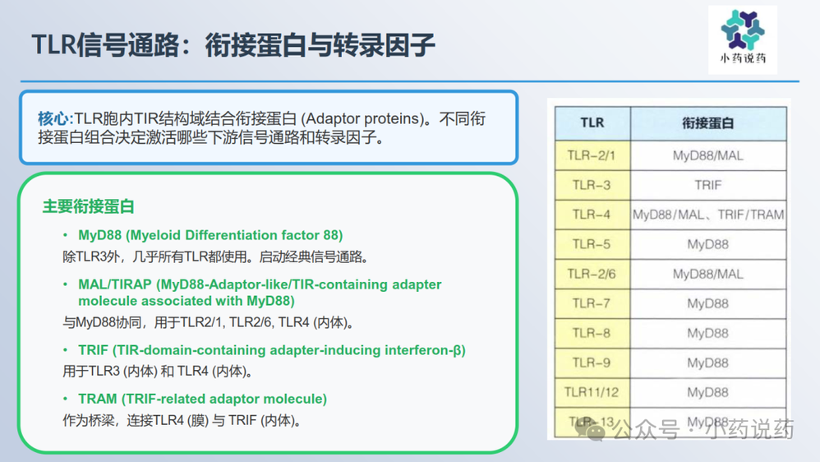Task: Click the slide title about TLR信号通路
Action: [x=233, y=44]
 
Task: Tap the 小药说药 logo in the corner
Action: [x=743, y=39]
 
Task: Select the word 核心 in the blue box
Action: [x=53, y=118]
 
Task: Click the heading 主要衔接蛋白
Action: [x=89, y=206]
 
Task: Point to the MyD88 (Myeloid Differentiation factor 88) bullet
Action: [x=210, y=235]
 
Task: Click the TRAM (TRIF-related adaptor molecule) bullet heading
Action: [x=202, y=400]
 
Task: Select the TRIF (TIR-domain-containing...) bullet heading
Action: [x=272, y=350]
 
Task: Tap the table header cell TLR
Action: [x=592, y=123]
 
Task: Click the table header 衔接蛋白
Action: [x=708, y=123]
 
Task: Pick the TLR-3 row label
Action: [x=592, y=185]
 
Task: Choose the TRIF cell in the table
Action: [x=708, y=185]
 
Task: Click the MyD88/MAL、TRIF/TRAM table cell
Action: [x=708, y=215]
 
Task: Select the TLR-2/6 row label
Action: [x=592, y=275]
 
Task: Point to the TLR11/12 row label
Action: [x=592, y=392]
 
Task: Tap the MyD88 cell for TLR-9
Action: [x=708, y=363]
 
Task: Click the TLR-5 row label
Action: [x=592, y=244]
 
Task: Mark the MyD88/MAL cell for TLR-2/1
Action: [x=708, y=155]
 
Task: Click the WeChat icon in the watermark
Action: [x=591, y=430]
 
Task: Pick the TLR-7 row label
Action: [x=592, y=303]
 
